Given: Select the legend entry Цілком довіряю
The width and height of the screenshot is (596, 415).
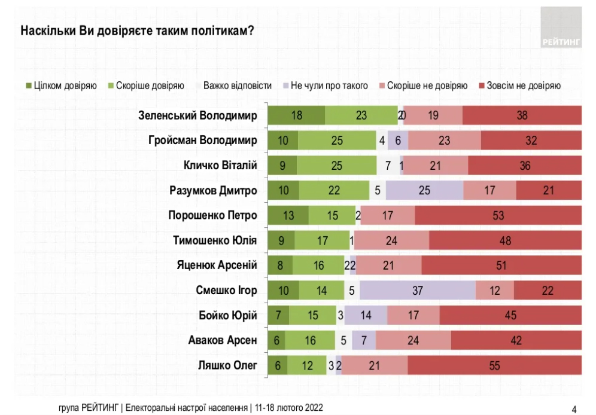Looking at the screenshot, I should pos(61,86).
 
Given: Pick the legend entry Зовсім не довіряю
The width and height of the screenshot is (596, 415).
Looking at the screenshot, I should pos(519,86).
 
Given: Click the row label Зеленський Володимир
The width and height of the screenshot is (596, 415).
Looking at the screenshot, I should pos(197,115).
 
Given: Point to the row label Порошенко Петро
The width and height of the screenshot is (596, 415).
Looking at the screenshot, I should pos(212,215).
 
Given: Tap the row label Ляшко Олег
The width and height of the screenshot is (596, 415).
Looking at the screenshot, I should pos(227,365).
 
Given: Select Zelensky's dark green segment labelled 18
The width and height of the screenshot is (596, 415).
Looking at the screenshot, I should pos(296,115).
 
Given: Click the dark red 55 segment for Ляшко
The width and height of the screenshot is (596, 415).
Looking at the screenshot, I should pos(494,365).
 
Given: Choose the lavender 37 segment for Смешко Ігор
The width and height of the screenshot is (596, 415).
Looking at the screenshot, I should pos(418,290).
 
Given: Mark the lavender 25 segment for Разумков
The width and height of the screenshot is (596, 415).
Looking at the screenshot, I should pos(424,190).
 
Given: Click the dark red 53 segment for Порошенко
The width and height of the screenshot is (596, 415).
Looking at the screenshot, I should pos(498,215).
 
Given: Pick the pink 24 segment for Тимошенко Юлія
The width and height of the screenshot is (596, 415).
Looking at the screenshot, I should pos(393,240).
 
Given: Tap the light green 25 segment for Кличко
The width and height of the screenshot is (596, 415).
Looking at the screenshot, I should pos(336,166).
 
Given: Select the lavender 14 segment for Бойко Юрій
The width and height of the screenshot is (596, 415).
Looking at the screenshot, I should pos(366,315).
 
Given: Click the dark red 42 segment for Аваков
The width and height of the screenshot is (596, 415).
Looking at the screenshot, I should pos(516,340).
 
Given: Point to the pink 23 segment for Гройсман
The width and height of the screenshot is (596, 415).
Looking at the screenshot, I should pos(444,141).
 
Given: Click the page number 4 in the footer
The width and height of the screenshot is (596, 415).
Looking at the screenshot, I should pos(574,410).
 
